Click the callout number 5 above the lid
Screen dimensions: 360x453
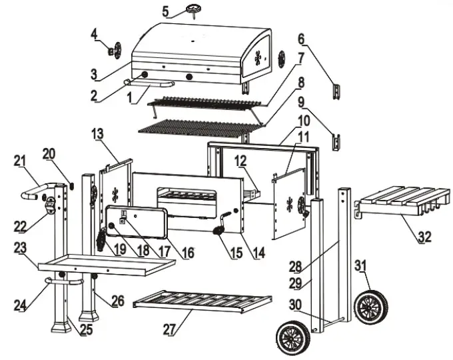click(166, 11)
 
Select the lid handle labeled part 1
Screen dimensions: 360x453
click(148, 85)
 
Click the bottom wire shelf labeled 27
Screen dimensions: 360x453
click(203, 302)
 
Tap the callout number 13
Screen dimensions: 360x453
click(97, 134)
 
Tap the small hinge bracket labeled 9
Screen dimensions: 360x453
click(337, 141)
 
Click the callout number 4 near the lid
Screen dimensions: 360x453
click(95, 32)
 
